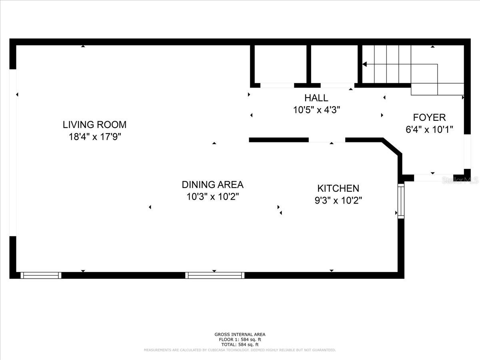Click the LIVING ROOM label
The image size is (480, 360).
click(94, 124)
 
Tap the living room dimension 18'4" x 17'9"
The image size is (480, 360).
click(95, 137)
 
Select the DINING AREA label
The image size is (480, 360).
click(212, 185)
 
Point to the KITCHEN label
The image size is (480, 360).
click(338, 188)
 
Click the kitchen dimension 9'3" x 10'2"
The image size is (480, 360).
click(338, 200)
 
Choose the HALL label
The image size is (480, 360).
click(316, 98)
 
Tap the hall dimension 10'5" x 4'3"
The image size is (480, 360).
click(316, 110)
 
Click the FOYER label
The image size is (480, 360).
click(429, 118)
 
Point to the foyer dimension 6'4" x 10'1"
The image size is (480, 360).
click(429, 130)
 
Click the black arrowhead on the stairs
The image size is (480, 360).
click(364, 64)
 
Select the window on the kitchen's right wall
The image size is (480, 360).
click(401, 201)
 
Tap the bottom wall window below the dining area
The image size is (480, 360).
click(215, 275)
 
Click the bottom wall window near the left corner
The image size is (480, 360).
click(41, 275)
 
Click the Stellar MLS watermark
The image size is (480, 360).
click(460, 180)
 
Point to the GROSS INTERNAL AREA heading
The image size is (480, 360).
click(240, 334)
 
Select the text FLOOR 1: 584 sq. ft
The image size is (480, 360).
click(240, 340)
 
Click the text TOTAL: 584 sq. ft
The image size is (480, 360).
click(240, 345)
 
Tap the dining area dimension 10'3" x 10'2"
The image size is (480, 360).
click(212, 197)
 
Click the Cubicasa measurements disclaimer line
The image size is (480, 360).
click(240, 350)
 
